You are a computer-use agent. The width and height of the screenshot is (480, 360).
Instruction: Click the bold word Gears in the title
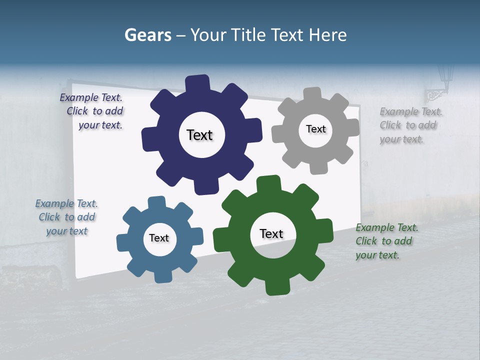[147, 35]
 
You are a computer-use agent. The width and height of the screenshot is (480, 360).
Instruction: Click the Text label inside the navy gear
[199, 135]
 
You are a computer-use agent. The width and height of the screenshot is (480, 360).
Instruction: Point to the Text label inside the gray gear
[315, 129]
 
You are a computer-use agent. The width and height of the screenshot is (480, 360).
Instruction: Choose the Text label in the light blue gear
[159, 238]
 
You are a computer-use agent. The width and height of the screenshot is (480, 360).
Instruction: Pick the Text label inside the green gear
[271, 234]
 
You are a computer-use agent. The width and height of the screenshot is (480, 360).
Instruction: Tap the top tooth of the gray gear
[312, 94]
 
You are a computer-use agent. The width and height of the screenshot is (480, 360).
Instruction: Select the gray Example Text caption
[410, 125]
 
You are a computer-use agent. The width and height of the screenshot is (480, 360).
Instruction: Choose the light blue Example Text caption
[66, 217]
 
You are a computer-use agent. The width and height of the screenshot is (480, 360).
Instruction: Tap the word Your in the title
[209, 35]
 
